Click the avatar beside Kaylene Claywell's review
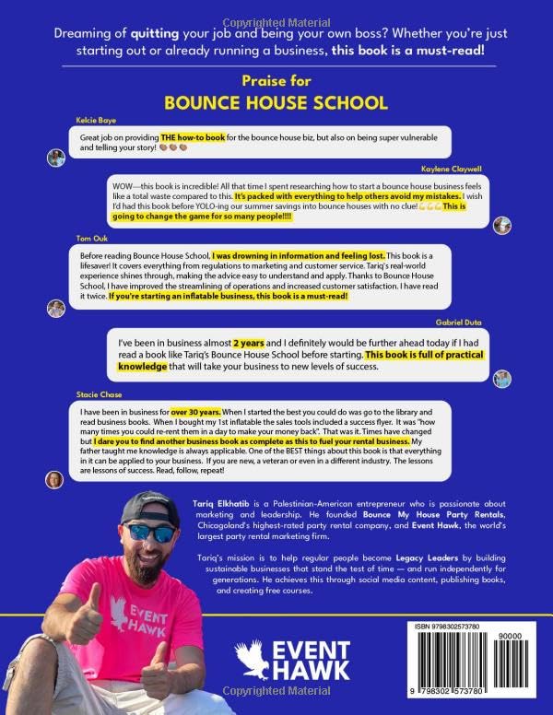click(501, 226)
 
